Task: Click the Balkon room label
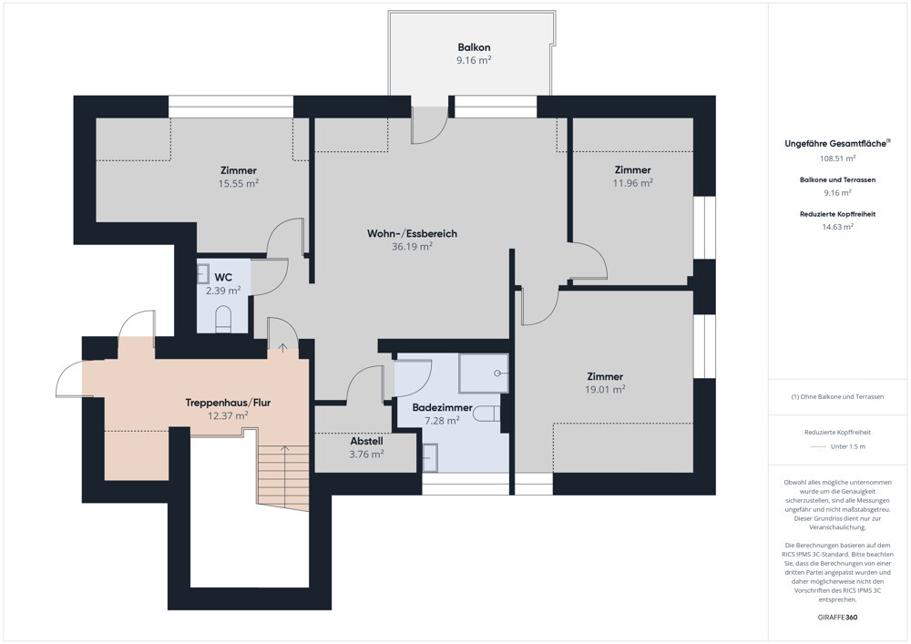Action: [x=474, y=47]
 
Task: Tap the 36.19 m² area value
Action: [x=412, y=246]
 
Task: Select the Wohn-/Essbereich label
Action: [x=412, y=233]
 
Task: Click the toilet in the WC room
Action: [x=223, y=320]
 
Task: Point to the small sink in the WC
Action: [x=203, y=273]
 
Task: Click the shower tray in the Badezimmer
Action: [x=484, y=373]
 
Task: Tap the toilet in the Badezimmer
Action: [x=486, y=414]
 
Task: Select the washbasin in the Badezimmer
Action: [x=430, y=457]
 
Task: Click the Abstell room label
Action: [x=366, y=442]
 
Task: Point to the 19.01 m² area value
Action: [x=605, y=390]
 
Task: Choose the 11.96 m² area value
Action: [x=633, y=183]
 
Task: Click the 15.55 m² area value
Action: [x=238, y=183]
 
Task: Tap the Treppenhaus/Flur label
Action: [x=228, y=403]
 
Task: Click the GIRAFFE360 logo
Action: [x=837, y=618]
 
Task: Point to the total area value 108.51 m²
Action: [x=837, y=158]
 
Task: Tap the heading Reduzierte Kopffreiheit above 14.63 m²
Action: [x=837, y=214]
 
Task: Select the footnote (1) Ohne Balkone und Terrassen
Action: [x=837, y=396]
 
